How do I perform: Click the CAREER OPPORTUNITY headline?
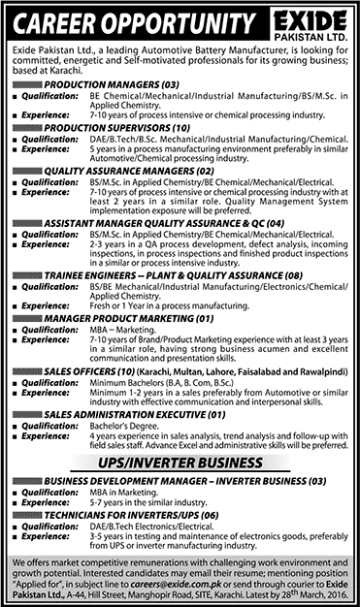pyautogui.click(x=127, y=20)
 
